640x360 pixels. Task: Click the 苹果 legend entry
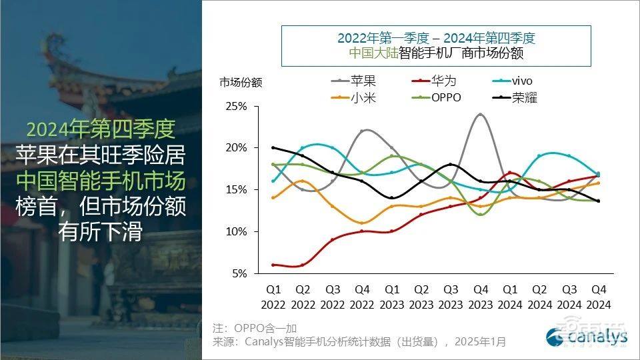(363, 81)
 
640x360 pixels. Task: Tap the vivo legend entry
(522, 81)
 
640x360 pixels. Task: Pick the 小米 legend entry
(363, 97)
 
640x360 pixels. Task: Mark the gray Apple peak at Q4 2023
(480, 114)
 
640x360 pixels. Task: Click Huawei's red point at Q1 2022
(273, 265)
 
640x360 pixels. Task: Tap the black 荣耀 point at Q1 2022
(273, 147)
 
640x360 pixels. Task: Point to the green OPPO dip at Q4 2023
(480, 214)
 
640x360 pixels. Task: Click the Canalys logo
(587, 337)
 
